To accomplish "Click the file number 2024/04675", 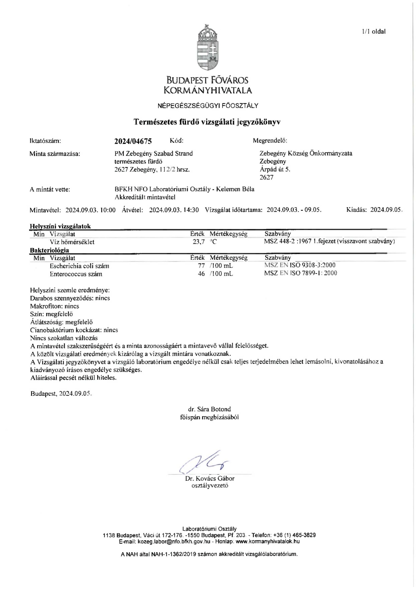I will click(133, 141).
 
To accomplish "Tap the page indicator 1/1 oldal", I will click(374, 32).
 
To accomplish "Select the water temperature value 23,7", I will click(198, 242).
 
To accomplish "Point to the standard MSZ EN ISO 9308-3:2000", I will click(300, 265).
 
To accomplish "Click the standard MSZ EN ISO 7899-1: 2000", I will click(301, 273).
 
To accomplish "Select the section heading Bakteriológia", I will click(49, 250).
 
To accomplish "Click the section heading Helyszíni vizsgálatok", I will click(60, 226).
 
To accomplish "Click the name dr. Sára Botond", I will click(209, 409).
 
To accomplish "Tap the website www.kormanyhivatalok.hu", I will click(267, 542).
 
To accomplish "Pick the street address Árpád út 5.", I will click(275, 169).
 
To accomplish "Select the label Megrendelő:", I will click(270, 141).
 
